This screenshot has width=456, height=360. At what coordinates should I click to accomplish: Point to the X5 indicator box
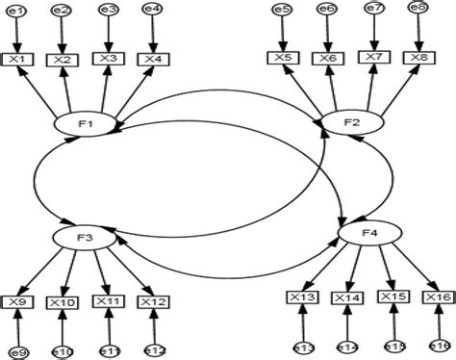(x=283, y=58)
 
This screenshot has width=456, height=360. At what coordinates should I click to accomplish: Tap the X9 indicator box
(x=16, y=302)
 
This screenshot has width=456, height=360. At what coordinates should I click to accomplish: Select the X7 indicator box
(x=373, y=57)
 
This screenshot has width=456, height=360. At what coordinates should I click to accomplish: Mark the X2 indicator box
(x=63, y=60)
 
